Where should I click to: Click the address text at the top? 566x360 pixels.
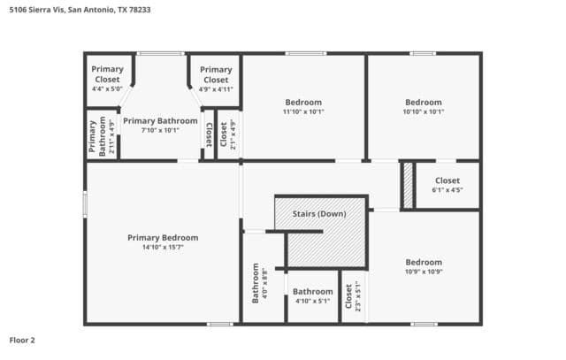coord(80,10)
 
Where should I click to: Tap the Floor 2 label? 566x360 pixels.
coord(22,341)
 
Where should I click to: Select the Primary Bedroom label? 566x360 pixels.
coord(163,238)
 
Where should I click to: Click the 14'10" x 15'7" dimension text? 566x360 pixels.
coord(163,248)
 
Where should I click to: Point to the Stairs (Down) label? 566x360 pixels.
coord(319,214)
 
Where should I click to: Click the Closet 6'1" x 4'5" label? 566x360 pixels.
coord(447,185)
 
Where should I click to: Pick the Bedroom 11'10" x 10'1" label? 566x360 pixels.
coord(303,106)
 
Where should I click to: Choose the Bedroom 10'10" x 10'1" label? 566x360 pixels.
coord(424,106)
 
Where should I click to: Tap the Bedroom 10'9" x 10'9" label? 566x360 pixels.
coord(424,266)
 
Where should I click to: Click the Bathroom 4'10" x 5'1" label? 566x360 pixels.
coord(312,295)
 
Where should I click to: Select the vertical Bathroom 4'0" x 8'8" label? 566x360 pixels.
coord(259,283)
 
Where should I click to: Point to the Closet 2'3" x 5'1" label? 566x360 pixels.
coord(353,296)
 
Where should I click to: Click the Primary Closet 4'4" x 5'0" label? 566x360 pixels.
coord(107,79)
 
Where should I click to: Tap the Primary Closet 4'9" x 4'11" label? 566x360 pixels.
coord(216,79)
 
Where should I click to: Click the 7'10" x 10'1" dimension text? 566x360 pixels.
coord(160,130)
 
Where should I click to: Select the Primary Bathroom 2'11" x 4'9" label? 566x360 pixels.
coord(102,135)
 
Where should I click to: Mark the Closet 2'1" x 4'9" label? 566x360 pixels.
coord(228,134)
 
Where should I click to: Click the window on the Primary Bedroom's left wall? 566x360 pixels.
coord(85,204)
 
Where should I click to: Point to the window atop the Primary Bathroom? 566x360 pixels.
coord(161,54)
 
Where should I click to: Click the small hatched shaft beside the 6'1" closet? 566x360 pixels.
coord(408,185)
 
